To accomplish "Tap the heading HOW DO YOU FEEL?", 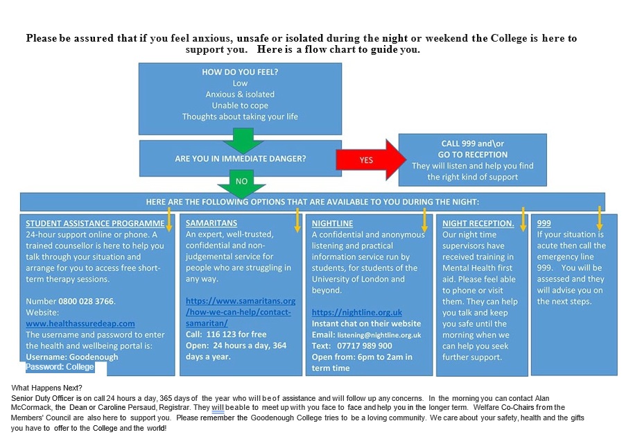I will pos(240,72).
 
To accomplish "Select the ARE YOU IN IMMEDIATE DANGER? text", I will pos(241,159).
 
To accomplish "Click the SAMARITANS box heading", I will pos(211,223).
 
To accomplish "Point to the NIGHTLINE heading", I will pos(332,223).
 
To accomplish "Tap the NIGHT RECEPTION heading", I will pos(478,223).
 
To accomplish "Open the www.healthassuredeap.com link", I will pos(80,323).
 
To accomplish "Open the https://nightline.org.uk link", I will pos(356,312).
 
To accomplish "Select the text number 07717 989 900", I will pos(365,345).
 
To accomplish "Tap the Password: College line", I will pos(60,367).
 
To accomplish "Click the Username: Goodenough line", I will pos(72,357).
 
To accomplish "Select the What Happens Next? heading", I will pos(47,388).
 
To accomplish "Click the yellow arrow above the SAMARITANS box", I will pos(297,218).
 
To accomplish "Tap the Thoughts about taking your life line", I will pos(240,117).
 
